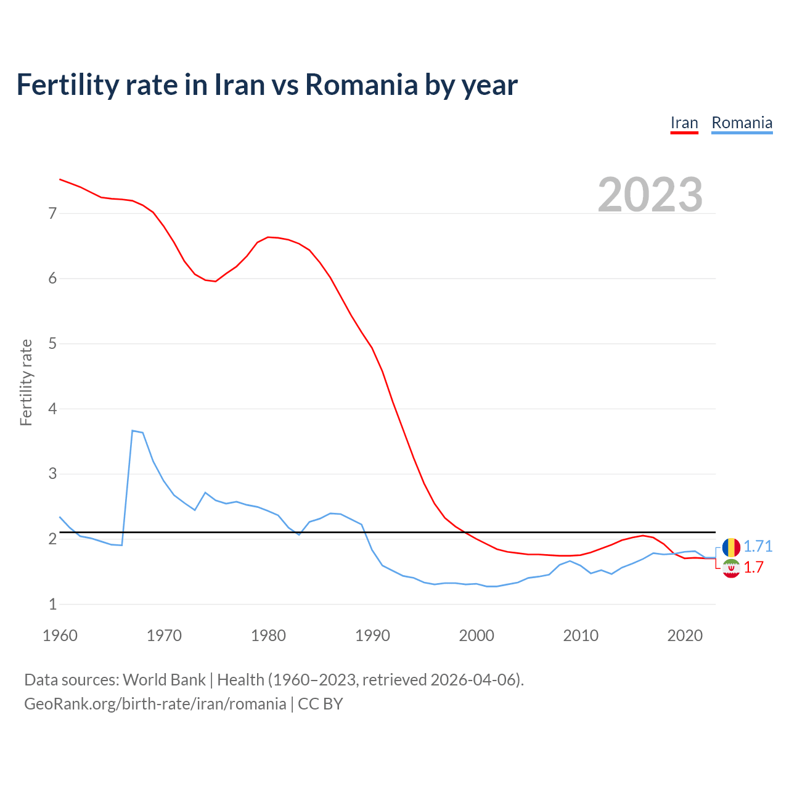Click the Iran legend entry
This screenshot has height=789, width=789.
pyautogui.click(x=684, y=123)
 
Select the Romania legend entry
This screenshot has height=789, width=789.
pyautogui.click(x=742, y=123)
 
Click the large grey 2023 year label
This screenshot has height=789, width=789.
pyautogui.click(x=650, y=195)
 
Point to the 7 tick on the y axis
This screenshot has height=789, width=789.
pyautogui.click(x=52, y=214)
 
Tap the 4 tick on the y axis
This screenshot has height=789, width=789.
pyautogui.click(x=52, y=409)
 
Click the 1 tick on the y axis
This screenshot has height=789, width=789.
pyautogui.click(x=52, y=604)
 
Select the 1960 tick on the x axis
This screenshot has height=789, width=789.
pyautogui.click(x=60, y=636)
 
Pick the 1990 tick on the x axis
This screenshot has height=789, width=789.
pyautogui.click(x=372, y=636)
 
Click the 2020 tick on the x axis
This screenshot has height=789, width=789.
pyautogui.click(x=685, y=636)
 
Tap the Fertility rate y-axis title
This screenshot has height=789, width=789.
pyautogui.click(x=26, y=382)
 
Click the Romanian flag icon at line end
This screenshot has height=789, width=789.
pyautogui.click(x=731, y=547)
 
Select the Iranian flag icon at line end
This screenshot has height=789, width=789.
pyautogui.click(x=731, y=568)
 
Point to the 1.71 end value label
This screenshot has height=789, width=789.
pyautogui.click(x=758, y=547)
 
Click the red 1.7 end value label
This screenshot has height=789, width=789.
pyautogui.click(x=753, y=568)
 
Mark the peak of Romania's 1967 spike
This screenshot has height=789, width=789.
pyautogui.click(x=133, y=431)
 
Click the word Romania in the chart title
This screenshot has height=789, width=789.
pyautogui.click(x=361, y=84)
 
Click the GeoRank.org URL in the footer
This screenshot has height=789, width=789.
pyautogui.click(x=155, y=704)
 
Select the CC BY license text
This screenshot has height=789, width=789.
pyautogui.click(x=321, y=704)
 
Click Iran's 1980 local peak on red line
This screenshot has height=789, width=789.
pyautogui.click(x=268, y=237)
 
